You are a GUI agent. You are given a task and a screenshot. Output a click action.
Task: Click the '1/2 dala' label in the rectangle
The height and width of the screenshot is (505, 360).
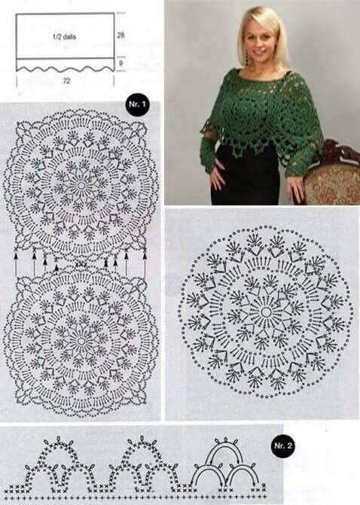tap(65, 37)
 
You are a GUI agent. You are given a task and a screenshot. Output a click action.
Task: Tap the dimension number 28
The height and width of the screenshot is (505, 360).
tap(121, 35)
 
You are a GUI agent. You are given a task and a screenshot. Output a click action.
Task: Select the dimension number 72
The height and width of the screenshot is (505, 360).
tap(66, 81)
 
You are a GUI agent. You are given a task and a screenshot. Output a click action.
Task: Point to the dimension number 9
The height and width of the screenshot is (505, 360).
tap(121, 63)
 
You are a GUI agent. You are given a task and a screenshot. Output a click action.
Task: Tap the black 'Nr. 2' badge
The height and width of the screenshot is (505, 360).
tap(282, 446)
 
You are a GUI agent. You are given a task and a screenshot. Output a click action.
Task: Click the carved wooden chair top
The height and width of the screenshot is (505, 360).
tap(340, 151)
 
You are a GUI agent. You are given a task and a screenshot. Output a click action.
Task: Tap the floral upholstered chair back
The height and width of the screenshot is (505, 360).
tap(334, 184)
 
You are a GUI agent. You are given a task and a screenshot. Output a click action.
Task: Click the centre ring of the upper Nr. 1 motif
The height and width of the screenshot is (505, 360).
tap(81, 185)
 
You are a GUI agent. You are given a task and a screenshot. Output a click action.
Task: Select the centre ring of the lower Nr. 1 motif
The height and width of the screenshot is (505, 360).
tap(81, 341)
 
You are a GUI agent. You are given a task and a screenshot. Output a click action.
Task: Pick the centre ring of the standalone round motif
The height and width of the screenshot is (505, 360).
tap(266, 312)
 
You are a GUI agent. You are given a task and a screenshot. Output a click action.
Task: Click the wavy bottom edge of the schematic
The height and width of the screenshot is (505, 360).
tap(65, 68)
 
